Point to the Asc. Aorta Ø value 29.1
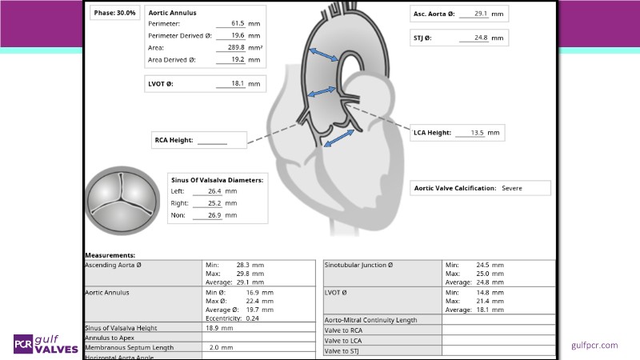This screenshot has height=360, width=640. click(x=480, y=14)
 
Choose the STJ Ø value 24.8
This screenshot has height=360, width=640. click(x=480, y=38)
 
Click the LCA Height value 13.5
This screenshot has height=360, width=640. click(x=477, y=132)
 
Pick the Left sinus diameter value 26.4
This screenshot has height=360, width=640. click(x=214, y=191)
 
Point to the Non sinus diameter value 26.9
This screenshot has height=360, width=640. click(x=214, y=214)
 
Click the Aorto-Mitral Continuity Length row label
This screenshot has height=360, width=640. click(x=370, y=320)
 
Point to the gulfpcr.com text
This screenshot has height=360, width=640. click(x=594, y=345)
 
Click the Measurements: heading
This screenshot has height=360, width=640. click(x=110, y=255)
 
